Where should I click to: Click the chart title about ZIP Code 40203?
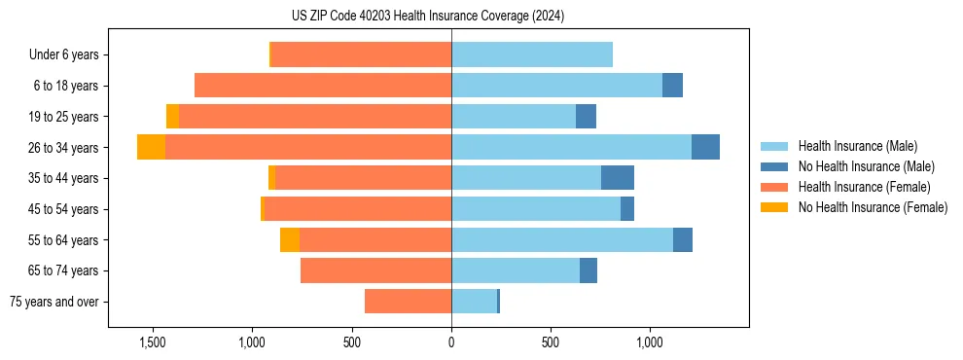[x=428, y=17]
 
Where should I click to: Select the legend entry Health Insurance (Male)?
[x=857, y=146]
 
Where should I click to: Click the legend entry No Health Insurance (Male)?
[x=866, y=166]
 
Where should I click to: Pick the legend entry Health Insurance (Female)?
[x=864, y=187]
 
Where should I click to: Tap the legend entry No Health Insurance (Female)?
[x=873, y=207]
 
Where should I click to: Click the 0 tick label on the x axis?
[x=451, y=343]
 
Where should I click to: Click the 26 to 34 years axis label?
[x=65, y=147]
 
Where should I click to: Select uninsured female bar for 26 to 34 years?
[x=151, y=147]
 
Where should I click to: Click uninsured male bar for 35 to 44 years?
[x=618, y=178]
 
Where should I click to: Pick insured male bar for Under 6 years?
[x=532, y=54]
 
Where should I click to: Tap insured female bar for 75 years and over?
[x=408, y=302]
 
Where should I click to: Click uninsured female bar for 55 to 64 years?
[x=290, y=239]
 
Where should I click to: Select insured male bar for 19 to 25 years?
[x=514, y=117]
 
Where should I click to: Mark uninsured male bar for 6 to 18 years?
[x=672, y=86]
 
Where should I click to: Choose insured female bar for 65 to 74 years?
[x=375, y=270]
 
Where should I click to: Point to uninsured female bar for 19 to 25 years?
[x=172, y=117]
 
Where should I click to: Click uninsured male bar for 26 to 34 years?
[x=705, y=147]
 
